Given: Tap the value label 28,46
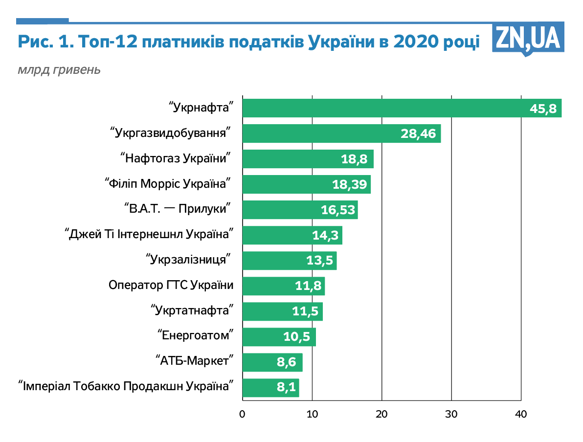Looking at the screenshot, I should point(418,133).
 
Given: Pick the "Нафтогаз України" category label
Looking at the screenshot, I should point(176,158).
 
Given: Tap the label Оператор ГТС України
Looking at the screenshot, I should point(171,286).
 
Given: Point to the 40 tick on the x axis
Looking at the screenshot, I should point(521,414).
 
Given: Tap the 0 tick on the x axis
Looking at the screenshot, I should point(242,414).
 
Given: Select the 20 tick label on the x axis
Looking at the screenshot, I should point(381,414).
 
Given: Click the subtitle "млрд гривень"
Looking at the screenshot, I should point(59,69).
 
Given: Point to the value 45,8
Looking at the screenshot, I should point(543,109).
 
